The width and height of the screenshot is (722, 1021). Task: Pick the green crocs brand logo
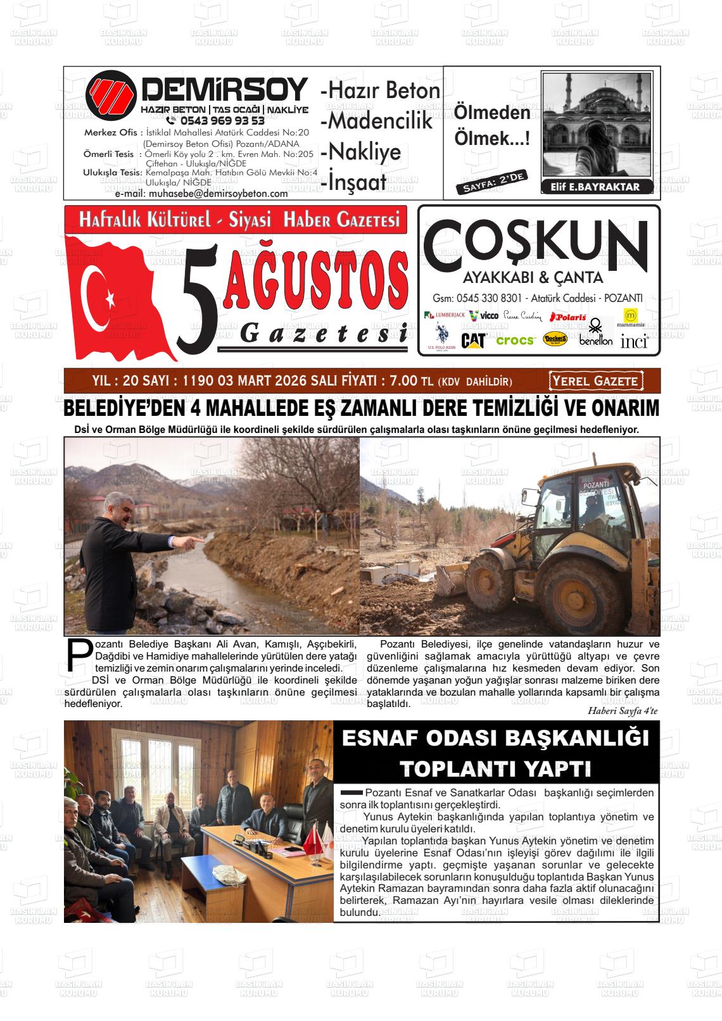pyautogui.click(x=515, y=341)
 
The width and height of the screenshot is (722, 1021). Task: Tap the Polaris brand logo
pyautogui.click(x=568, y=316)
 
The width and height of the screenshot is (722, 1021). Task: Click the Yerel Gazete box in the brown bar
pyautogui.click(x=596, y=381)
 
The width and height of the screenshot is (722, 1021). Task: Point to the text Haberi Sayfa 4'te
pyautogui.click(x=623, y=710)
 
